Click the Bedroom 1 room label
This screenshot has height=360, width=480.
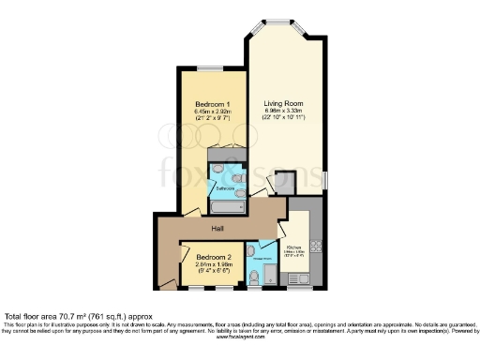213,103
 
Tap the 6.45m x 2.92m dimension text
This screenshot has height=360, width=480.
213,112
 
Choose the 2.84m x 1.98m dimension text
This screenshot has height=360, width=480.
213,264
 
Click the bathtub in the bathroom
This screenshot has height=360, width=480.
228,205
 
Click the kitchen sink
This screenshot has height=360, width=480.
300,277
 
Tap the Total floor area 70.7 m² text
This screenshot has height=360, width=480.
74,316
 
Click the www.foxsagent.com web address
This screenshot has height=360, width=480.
240,337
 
